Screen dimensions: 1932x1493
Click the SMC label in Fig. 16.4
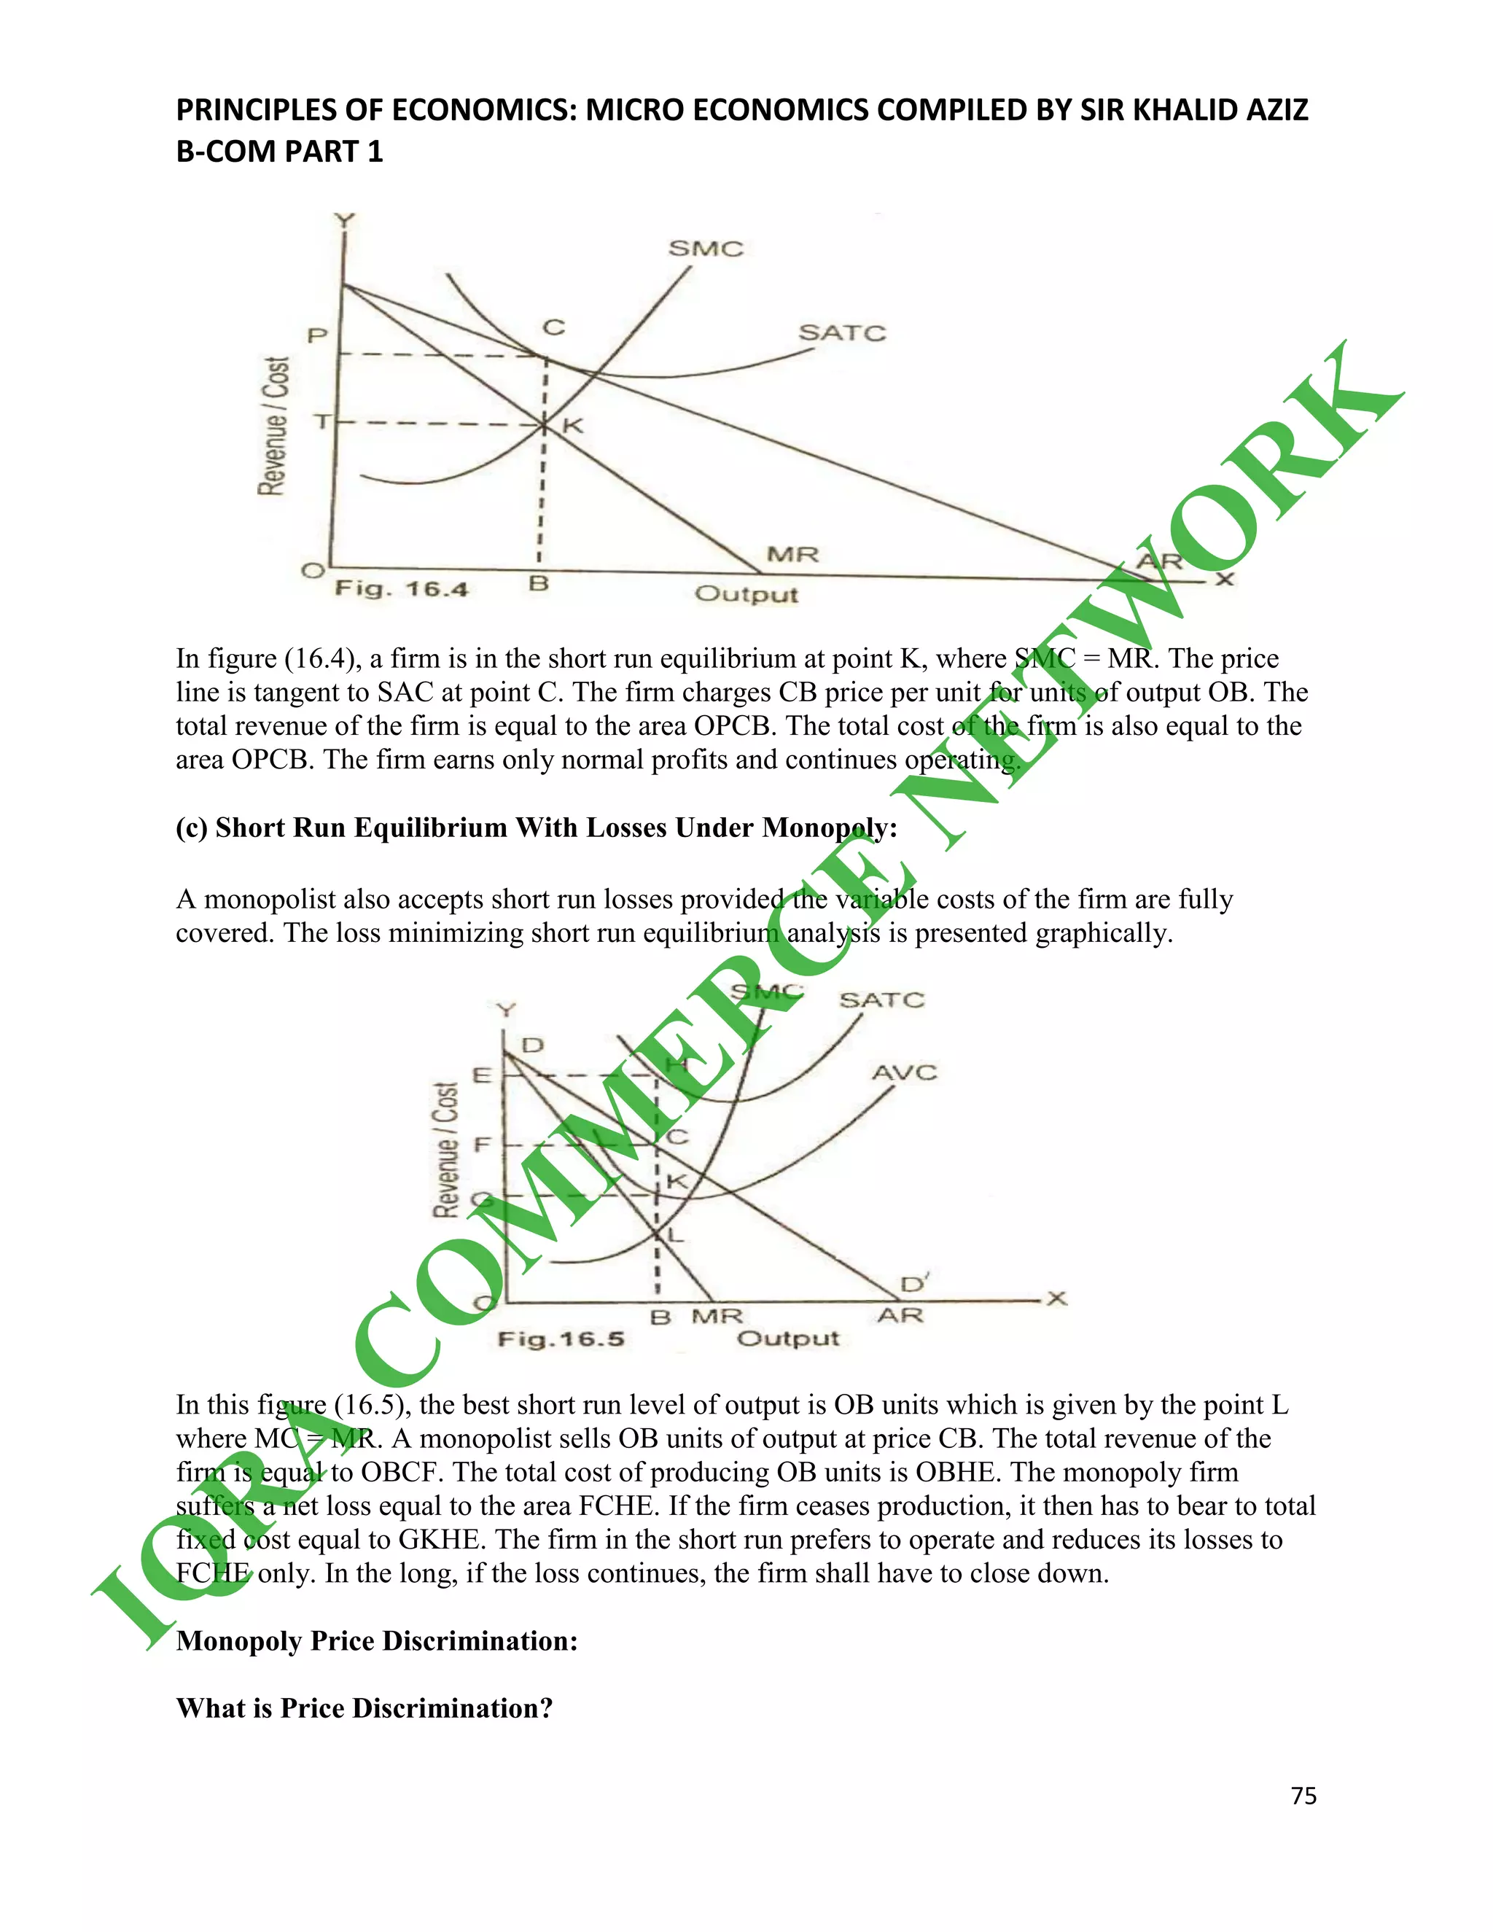[x=705, y=249]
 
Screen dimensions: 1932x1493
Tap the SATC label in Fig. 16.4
[x=842, y=332]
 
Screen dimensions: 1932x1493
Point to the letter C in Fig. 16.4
[x=554, y=327]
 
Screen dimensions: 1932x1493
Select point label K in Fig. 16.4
[x=573, y=426]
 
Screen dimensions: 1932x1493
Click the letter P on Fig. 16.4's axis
[x=316, y=336]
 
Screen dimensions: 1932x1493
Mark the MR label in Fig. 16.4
[x=792, y=555]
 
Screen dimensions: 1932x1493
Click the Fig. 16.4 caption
[x=401, y=589]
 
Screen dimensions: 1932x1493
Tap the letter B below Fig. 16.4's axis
[x=539, y=584]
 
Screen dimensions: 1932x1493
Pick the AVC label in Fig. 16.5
[x=904, y=1073]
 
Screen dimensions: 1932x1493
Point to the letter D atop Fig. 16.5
[x=531, y=1045]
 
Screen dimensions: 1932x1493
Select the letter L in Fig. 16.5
[x=676, y=1235]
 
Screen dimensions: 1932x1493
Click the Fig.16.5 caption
[x=561, y=1339]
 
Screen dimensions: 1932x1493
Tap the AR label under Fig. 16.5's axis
[x=900, y=1315]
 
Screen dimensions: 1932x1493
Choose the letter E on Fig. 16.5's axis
[x=482, y=1075]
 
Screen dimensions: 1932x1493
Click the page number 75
[x=1303, y=1796]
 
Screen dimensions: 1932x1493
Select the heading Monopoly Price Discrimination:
[x=377, y=1641]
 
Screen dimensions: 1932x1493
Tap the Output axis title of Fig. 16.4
[x=746, y=593]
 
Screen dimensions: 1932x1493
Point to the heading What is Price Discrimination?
[x=365, y=1708]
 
